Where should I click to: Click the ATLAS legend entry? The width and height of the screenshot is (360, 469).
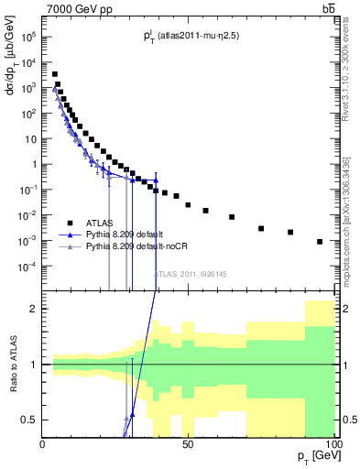tap(102, 222)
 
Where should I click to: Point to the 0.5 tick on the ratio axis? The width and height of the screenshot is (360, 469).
tap(30, 420)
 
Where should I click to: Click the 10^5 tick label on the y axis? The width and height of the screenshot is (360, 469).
tap(28, 38)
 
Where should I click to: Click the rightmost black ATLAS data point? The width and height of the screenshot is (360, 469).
tap(320, 242)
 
